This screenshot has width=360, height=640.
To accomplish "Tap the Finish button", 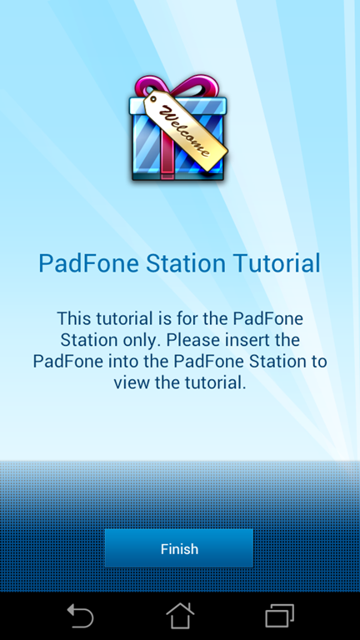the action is pyautogui.click(x=179, y=548).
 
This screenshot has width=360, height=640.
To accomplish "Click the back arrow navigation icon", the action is pyautogui.click(x=81, y=616).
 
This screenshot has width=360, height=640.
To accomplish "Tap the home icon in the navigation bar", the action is pyautogui.click(x=180, y=616).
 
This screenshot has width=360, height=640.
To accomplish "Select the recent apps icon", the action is pyautogui.click(x=280, y=616).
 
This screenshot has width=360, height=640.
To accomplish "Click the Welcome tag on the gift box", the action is pyautogui.click(x=185, y=130).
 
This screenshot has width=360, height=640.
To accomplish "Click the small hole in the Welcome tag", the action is pyautogui.click(x=153, y=98).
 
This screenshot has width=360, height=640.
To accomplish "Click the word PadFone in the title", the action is pyautogui.click(x=88, y=263).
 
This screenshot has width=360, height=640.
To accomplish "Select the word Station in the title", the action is pyautogui.click(x=186, y=263).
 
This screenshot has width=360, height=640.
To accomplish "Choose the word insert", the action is pyautogui.click(x=242, y=340).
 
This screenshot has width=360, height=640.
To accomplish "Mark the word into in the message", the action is pyautogui.click(x=121, y=362).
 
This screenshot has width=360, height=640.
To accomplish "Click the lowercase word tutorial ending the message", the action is pyautogui.click(x=211, y=383).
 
